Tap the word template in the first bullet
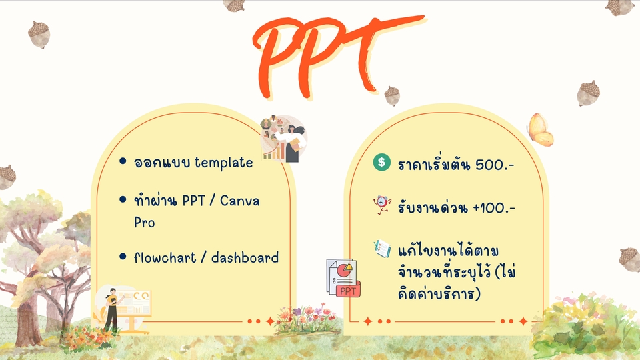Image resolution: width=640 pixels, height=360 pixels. tap(224, 163)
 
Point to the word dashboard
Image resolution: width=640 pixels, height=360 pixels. tap(245, 257)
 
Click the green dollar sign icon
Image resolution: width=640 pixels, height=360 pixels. tap(381, 162)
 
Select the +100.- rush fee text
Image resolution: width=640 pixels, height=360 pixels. tap(494, 207)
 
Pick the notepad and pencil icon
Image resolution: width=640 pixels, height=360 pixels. tap(382, 249)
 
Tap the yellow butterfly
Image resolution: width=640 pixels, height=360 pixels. tap(539, 129)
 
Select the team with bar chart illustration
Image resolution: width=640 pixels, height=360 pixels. tap(283, 138)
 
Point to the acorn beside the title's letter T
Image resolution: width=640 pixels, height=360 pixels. tap(392, 95)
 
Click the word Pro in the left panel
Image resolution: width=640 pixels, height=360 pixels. tap(144, 223)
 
